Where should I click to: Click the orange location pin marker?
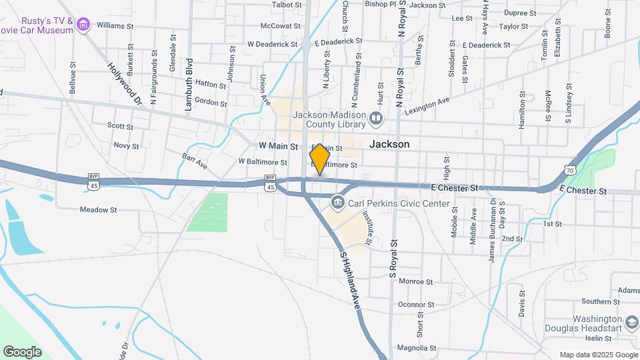click(320, 159)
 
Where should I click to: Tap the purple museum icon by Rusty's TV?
click(83, 25)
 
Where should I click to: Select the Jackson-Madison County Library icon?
click(377, 119)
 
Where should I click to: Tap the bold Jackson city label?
click(389, 144)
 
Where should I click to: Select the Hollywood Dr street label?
click(125, 84)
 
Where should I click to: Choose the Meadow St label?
click(99, 209)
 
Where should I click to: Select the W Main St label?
click(277, 145)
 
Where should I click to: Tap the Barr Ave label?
click(195, 161)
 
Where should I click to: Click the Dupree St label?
click(520, 13)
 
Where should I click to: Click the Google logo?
click(22, 351)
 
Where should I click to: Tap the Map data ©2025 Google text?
click(598, 355)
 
